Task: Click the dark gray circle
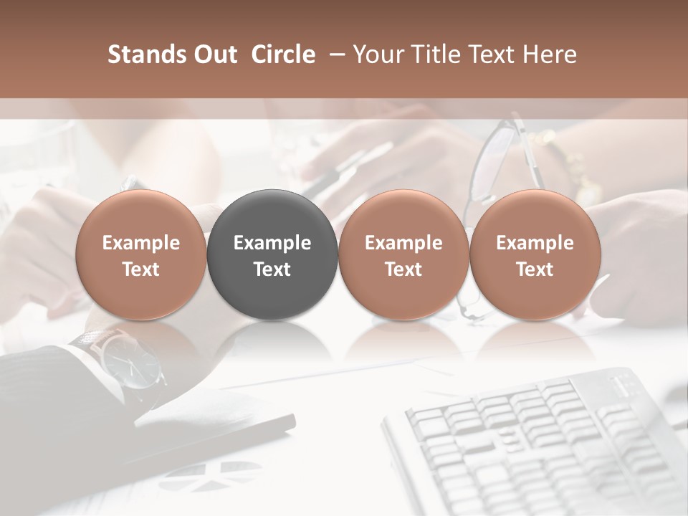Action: point(272,254)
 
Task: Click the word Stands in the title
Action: point(146,54)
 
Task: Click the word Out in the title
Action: point(214,54)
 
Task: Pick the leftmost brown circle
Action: point(141,254)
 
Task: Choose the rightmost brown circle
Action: point(535,254)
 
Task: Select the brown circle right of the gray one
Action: point(403,254)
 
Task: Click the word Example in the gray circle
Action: point(272,243)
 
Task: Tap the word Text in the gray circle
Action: point(272,269)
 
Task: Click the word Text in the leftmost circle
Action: point(141,269)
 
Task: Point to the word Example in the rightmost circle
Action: point(535,243)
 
